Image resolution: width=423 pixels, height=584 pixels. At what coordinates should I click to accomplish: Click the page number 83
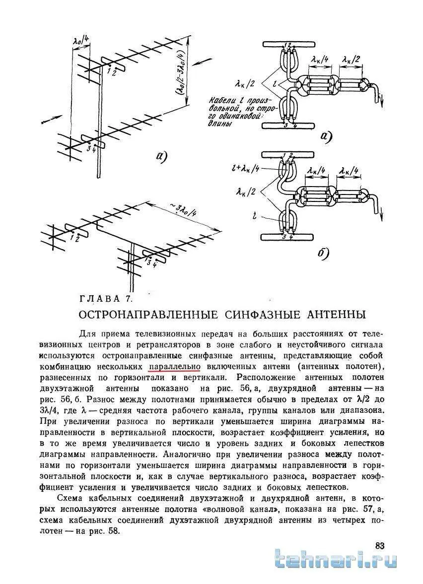380,546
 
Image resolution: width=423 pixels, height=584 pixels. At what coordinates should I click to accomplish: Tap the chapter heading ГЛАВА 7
106,299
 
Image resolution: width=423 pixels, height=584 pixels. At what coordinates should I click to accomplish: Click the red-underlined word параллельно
174,367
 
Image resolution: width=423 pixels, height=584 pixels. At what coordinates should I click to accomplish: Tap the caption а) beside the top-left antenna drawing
161,157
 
